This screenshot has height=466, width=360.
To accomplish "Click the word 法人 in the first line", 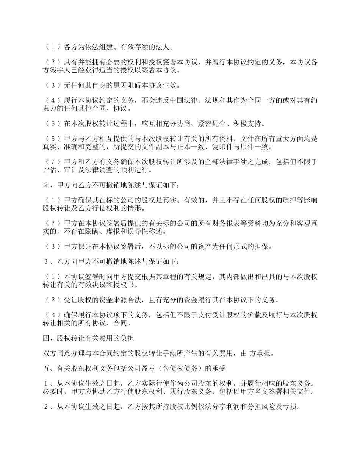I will (164, 47).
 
